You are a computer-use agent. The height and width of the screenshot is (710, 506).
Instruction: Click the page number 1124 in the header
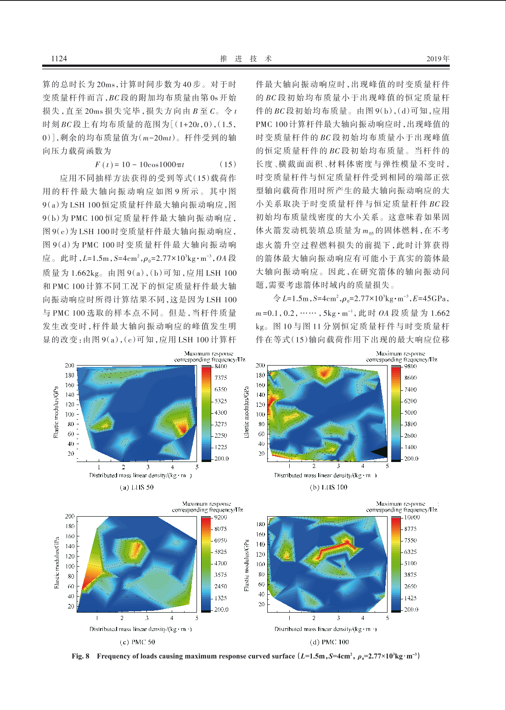tap(59, 58)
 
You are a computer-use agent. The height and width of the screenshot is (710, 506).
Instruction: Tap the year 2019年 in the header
tap(438, 58)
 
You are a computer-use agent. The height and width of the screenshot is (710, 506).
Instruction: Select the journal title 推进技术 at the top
tap(246, 58)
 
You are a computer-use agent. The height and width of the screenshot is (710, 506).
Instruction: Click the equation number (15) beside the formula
tap(227, 164)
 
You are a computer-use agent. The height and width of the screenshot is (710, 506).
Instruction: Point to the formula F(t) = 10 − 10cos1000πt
tap(140, 164)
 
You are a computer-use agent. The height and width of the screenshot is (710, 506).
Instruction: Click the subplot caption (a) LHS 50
tap(136, 487)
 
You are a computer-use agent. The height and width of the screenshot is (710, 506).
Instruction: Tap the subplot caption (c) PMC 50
tap(137, 642)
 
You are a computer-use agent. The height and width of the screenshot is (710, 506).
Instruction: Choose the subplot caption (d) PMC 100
tap(329, 642)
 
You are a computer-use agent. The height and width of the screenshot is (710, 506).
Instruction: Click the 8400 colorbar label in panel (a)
tap(221, 366)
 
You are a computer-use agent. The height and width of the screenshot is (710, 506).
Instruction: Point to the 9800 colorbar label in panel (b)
tap(410, 366)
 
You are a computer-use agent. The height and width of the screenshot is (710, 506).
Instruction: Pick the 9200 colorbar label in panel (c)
tap(221, 517)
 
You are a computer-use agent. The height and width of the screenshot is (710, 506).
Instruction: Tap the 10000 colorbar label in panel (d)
tap(411, 517)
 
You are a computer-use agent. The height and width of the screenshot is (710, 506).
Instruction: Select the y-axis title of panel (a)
tap(56, 412)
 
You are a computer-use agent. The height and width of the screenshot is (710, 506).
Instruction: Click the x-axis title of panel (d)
tap(326, 629)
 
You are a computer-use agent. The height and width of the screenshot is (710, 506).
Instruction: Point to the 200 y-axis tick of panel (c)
tap(69, 517)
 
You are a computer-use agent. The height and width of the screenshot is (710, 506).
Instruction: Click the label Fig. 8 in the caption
tap(80, 656)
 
